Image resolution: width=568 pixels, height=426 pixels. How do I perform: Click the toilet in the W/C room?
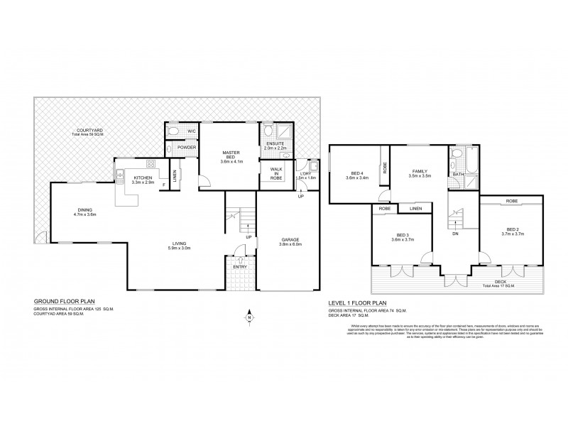(173, 131)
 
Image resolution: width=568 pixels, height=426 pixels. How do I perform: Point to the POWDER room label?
(187, 148)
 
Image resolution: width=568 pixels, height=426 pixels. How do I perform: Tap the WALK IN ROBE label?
(275, 174)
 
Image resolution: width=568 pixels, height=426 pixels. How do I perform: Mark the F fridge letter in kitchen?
(163, 185)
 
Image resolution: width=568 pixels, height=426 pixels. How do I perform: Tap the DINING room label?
(86, 209)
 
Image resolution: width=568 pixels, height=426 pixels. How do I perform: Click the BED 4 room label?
(356, 173)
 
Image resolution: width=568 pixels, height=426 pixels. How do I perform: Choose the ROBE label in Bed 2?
(512, 202)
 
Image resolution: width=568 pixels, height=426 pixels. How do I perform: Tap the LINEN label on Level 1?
(415, 208)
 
